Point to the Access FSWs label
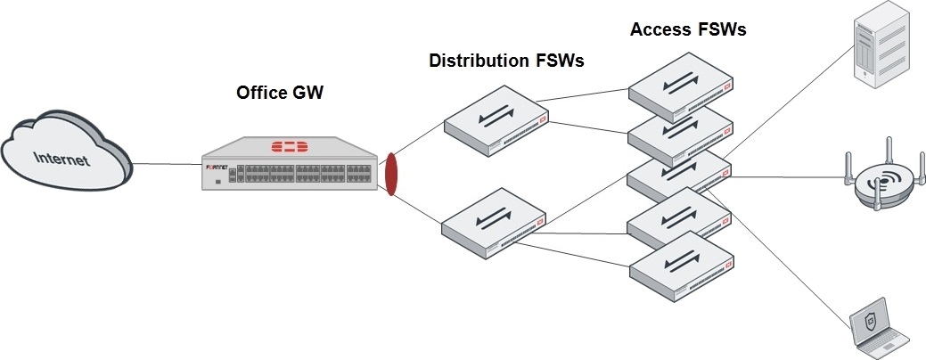click(688, 29)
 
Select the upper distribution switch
click(496, 121)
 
